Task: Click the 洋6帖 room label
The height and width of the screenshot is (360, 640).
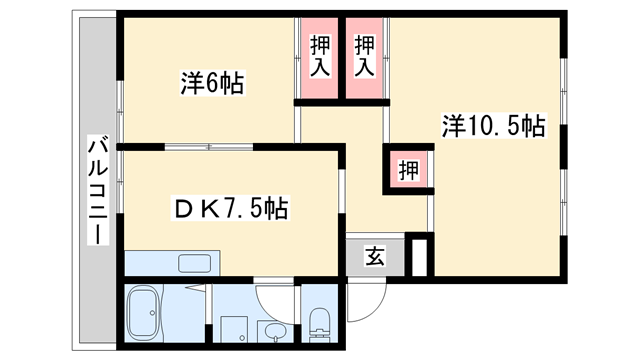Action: (212, 84)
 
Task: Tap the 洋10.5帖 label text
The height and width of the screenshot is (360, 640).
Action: (494, 126)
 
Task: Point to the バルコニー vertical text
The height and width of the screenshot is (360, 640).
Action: (97, 190)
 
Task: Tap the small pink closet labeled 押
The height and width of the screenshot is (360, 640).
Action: (410, 168)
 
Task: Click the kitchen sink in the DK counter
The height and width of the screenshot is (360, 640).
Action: (194, 265)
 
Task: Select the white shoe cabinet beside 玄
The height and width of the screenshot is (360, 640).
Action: (419, 254)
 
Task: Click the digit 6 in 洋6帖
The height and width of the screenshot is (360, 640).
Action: (213, 84)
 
